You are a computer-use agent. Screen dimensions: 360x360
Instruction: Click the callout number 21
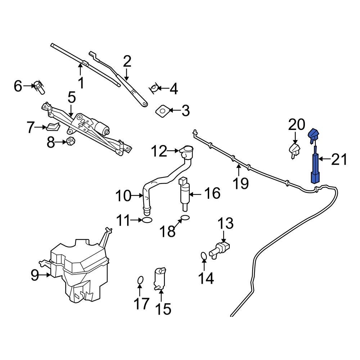[339, 159]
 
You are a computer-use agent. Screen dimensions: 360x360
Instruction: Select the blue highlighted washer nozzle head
[313, 135]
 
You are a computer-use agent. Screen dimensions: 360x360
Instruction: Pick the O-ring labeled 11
[147, 220]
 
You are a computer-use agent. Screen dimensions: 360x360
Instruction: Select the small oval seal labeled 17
[141, 280]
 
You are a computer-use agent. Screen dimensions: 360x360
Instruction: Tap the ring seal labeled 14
[203, 256]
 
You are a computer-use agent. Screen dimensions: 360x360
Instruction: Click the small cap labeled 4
[154, 88]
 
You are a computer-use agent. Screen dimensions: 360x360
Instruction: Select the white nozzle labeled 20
[295, 150]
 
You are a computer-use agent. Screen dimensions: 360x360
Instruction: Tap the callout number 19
[240, 183]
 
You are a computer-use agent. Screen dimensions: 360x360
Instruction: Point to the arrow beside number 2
[126, 75]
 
